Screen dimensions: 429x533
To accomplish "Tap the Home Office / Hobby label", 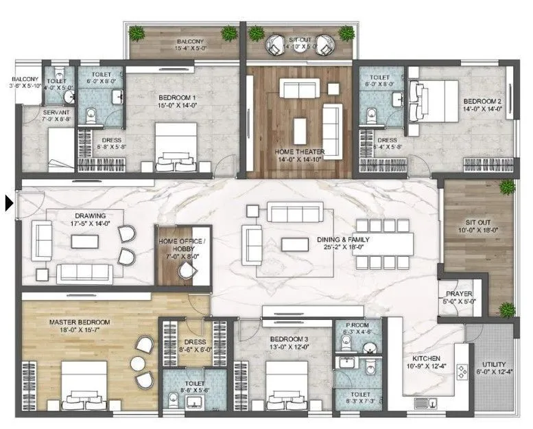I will tap(182, 244).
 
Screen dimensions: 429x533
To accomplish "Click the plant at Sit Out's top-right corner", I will tap(506, 187).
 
